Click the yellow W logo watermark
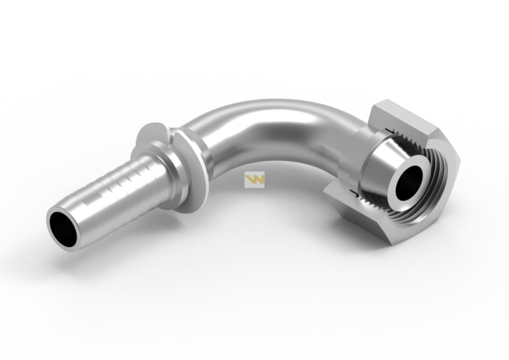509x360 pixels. (254, 180)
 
